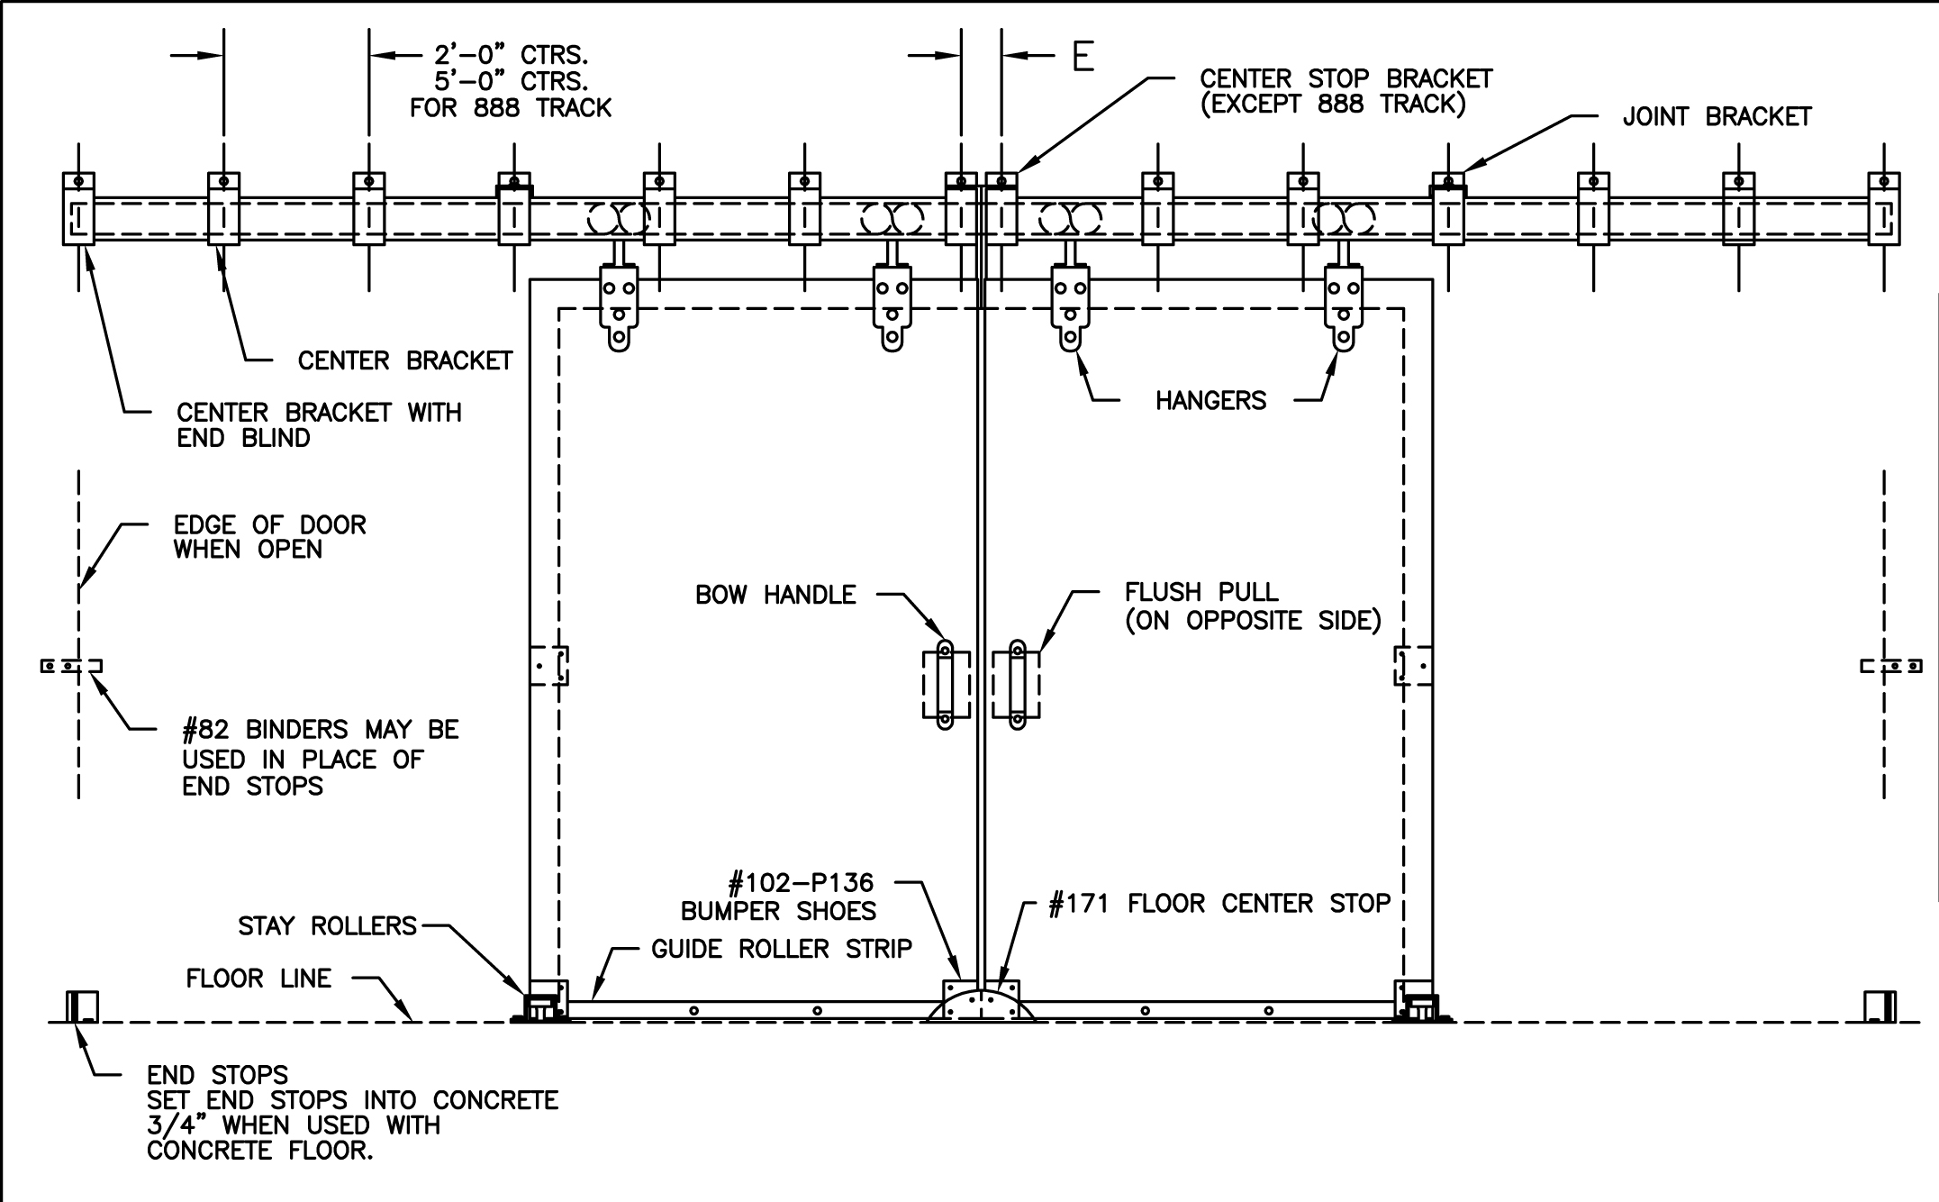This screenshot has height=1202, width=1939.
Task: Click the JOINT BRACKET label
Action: click(1717, 117)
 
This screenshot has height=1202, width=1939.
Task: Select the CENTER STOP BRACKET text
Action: click(1346, 79)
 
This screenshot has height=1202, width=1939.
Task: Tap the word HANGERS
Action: click(1210, 401)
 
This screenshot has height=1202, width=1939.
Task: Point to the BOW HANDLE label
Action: click(775, 595)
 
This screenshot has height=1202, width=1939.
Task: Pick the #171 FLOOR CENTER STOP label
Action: click(1219, 904)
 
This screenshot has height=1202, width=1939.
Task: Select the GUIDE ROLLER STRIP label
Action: click(782, 949)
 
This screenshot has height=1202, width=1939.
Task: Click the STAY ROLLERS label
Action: click(327, 926)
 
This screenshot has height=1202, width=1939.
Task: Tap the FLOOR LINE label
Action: click(258, 979)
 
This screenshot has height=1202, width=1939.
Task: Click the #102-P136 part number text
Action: click(801, 883)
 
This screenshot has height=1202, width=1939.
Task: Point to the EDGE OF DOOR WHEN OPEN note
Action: click(269, 537)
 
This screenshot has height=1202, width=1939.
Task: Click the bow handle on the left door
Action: click(946, 685)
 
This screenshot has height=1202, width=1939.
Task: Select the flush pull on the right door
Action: click(1017, 685)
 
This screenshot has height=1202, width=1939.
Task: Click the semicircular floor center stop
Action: click(981, 1005)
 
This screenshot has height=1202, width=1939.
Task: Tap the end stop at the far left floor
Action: click(82, 1006)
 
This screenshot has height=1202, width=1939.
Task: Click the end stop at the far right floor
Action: click(1880, 1006)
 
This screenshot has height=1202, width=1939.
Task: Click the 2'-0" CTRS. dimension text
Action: click(512, 56)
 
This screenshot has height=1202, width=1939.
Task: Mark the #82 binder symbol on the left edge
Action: click(72, 667)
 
